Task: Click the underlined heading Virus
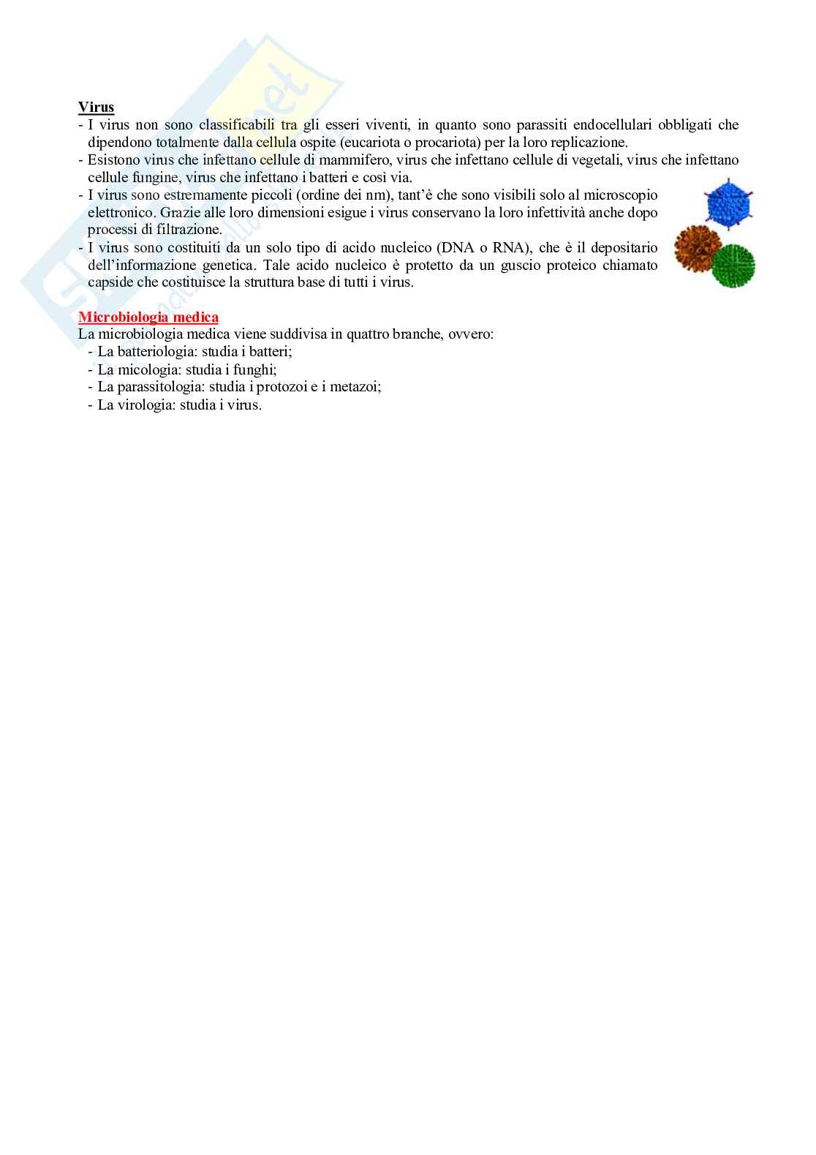tap(96, 108)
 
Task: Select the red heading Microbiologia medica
tap(148, 317)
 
